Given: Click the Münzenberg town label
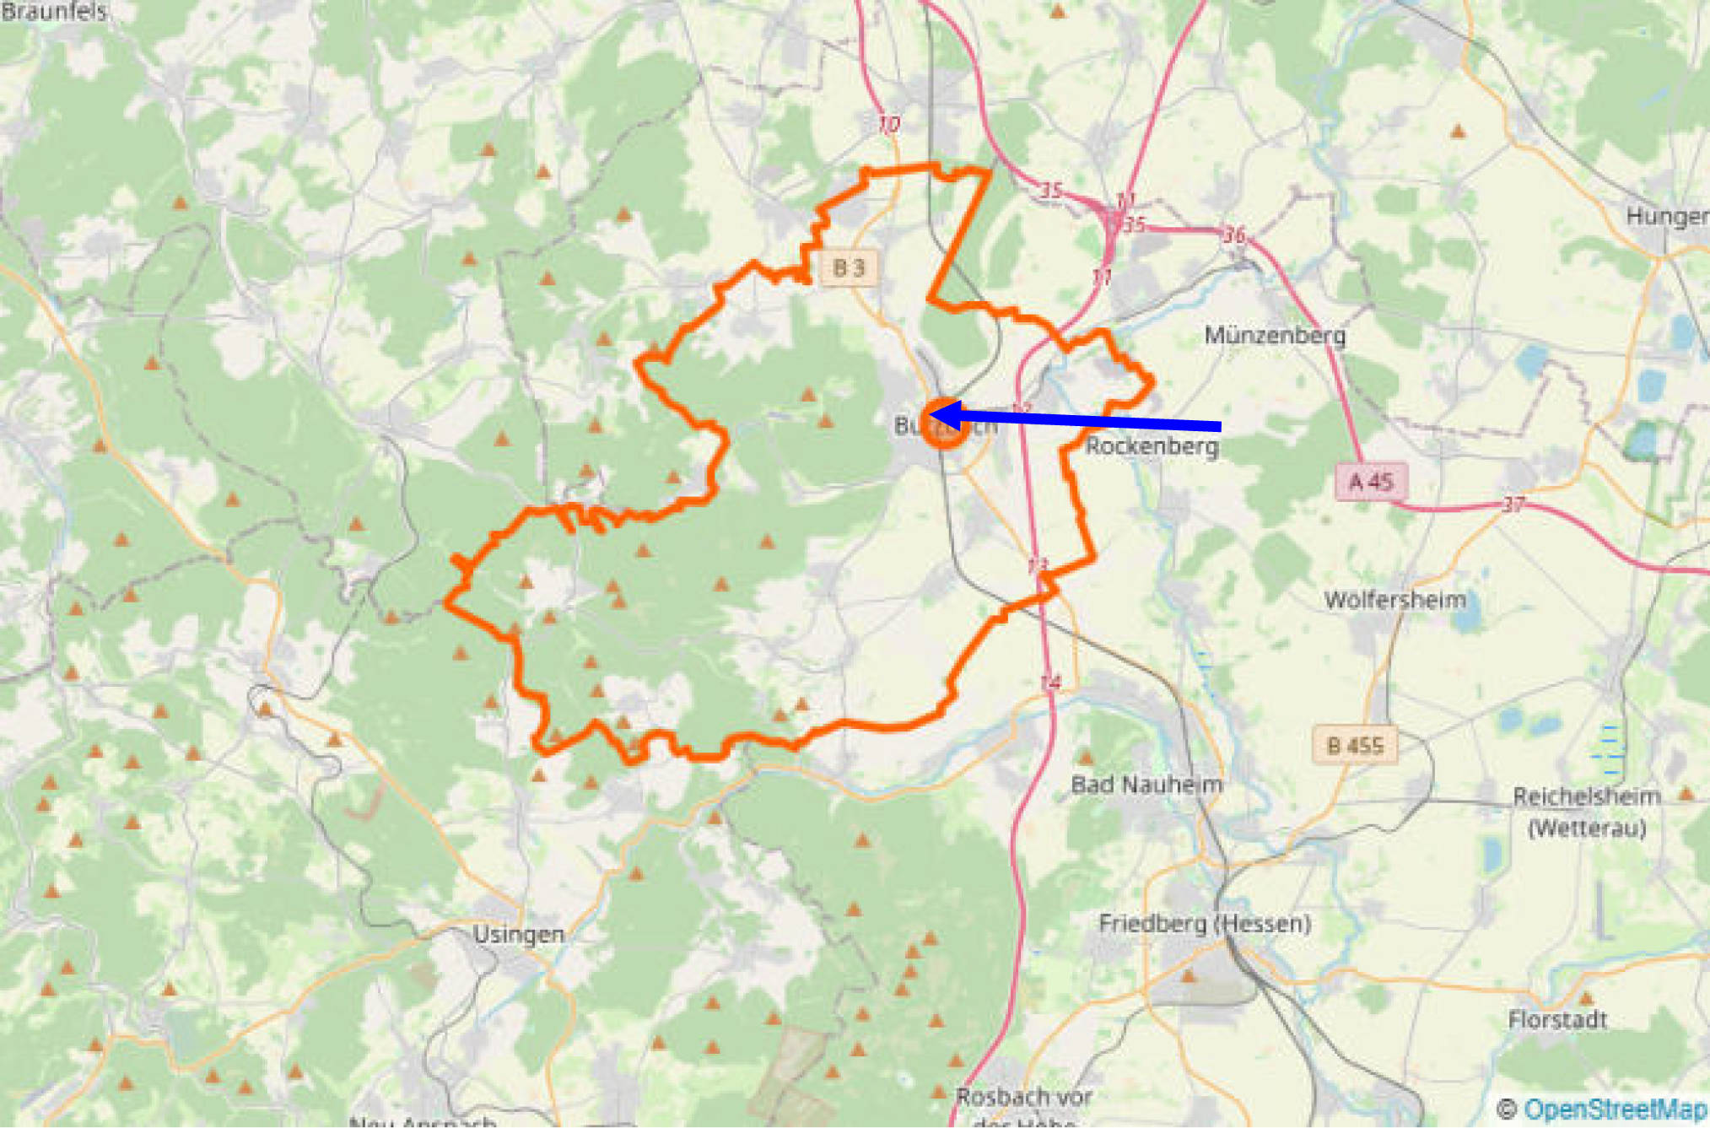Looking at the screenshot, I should pyautogui.click(x=1274, y=335).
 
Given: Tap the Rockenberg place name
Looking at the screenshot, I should pyautogui.click(x=1152, y=445).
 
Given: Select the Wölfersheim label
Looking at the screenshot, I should pyautogui.click(x=1394, y=600).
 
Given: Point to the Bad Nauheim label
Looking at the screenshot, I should pyautogui.click(x=1146, y=785).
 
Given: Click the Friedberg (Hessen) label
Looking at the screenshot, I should pyautogui.click(x=1205, y=923).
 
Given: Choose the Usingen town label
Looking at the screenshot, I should pyautogui.click(x=518, y=934).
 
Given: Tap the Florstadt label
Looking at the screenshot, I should pyautogui.click(x=1557, y=1020).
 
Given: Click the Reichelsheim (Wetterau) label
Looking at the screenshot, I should pyautogui.click(x=1586, y=812).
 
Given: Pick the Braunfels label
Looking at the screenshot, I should pyautogui.click(x=54, y=11).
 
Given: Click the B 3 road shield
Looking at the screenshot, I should pyautogui.click(x=849, y=267).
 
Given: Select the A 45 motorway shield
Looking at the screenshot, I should pyautogui.click(x=1371, y=482).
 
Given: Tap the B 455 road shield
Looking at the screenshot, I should pyautogui.click(x=1355, y=745).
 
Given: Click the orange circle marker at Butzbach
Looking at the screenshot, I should pyautogui.click(x=944, y=424).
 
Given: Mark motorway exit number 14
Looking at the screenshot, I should pyautogui.click(x=1050, y=682).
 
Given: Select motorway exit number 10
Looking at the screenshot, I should pyautogui.click(x=888, y=125).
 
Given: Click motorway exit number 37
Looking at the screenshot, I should pyautogui.click(x=1513, y=505).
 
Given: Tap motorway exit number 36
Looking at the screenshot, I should pyautogui.click(x=1234, y=234).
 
